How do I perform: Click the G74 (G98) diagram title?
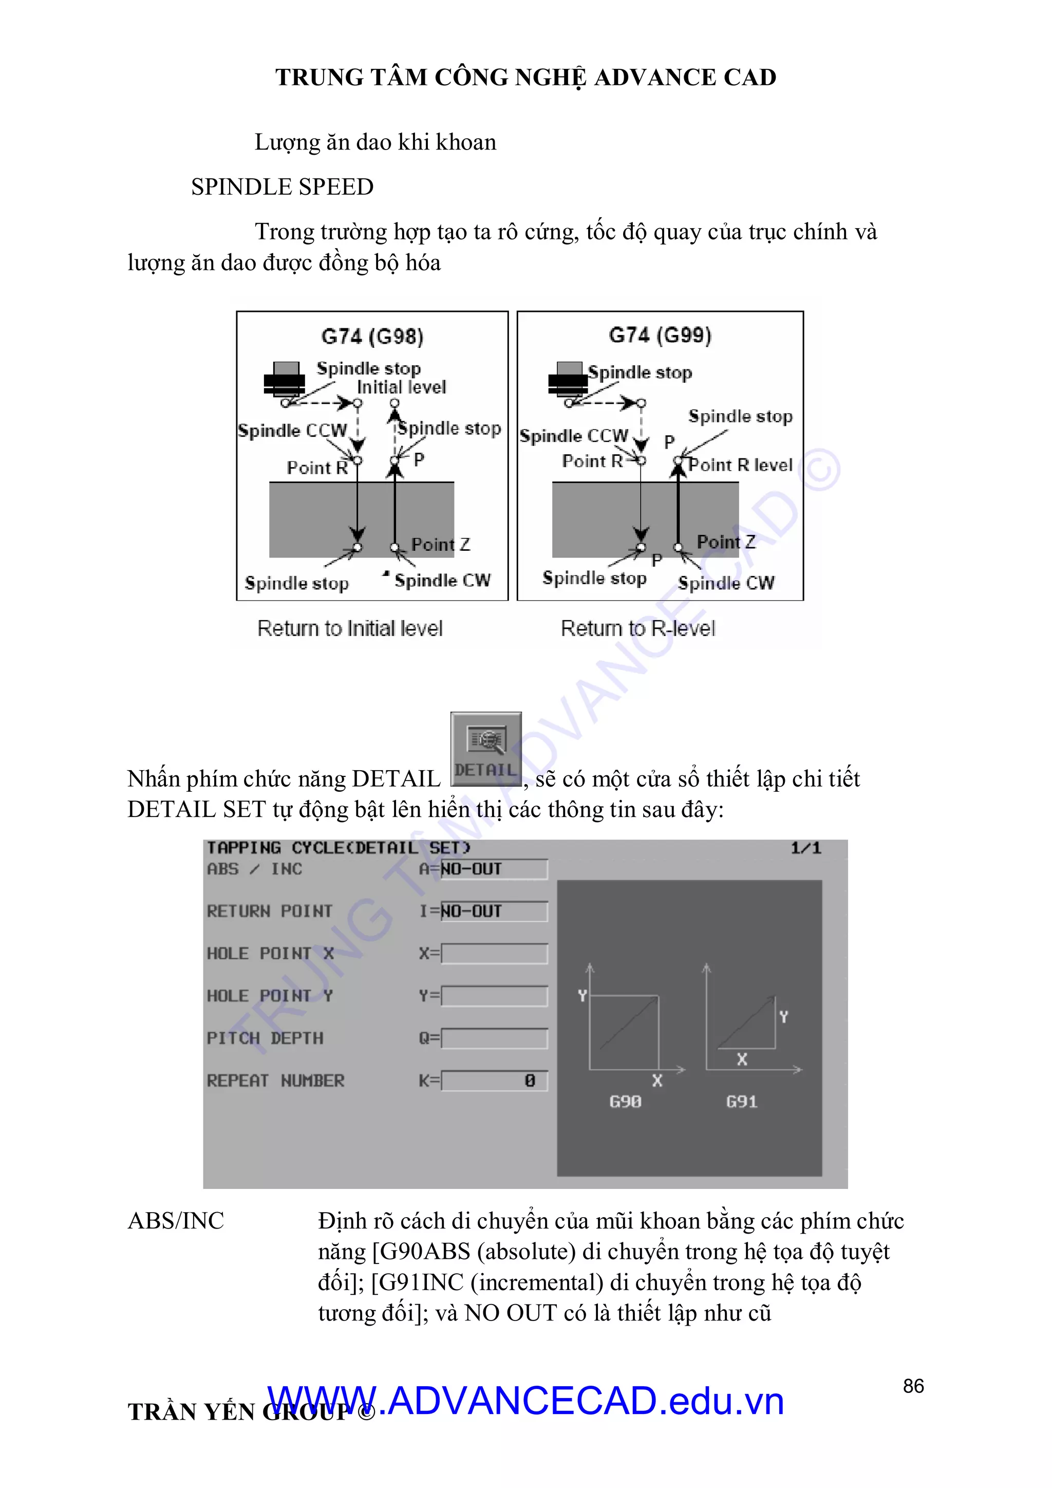tap(372, 337)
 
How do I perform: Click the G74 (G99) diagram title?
tap(660, 335)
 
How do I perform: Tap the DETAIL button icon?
tap(486, 749)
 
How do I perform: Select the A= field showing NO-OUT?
tap(494, 869)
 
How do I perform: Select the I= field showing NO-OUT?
tap(494, 911)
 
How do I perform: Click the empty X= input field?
tap(495, 953)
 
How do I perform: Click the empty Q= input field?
tap(495, 1038)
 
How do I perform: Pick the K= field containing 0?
tap(495, 1081)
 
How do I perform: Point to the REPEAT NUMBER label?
tap(275, 1081)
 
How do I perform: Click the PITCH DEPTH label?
tap(265, 1038)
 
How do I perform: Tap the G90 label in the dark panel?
tap(625, 1101)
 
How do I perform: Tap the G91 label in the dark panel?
tap(741, 1101)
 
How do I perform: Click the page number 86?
tap(913, 1386)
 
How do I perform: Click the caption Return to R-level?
tap(637, 628)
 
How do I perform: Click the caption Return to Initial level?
tap(350, 628)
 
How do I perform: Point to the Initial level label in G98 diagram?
tap(401, 387)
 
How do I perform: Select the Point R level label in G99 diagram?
tap(740, 464)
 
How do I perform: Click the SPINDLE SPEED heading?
tap(282, 187)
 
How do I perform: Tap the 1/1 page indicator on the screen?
tap(805, 848)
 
